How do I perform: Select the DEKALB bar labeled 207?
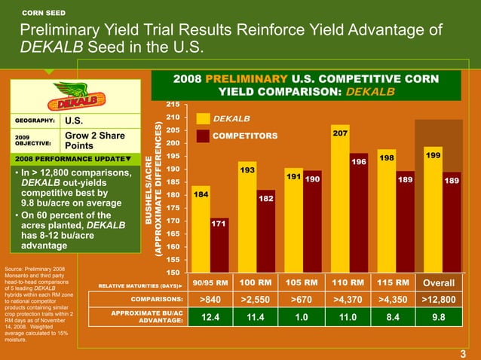[340, 200]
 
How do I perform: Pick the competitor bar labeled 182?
[265, 231]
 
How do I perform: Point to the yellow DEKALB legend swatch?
[203, 119]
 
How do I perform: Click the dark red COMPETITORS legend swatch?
[203, 136]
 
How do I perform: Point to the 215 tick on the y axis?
[173, 104]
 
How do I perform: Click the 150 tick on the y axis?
[173, 272]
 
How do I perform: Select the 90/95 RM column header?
[210, 283]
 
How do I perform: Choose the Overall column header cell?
[439, 283]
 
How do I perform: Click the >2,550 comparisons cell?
[256, 301]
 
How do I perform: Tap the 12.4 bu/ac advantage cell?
[210, 318]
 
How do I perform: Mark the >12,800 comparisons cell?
[439, 301]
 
